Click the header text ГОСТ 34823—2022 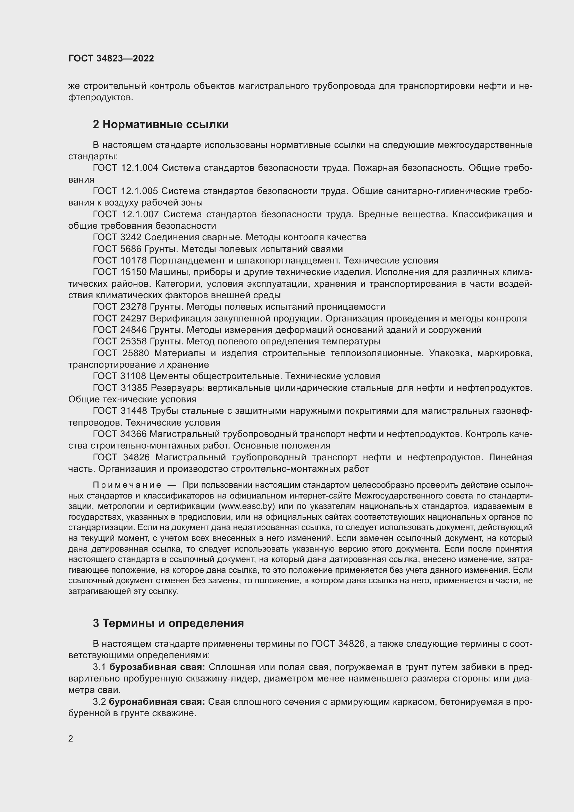tap(111, 58)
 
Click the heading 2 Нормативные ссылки tap(160, 125)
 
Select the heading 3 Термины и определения tap(168, 623)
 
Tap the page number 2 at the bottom tap(71, 738)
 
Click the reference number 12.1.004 tap(139, 168)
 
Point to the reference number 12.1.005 tap(139, 191)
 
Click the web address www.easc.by tap(247, 506)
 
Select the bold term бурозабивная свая tap(157, 667)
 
